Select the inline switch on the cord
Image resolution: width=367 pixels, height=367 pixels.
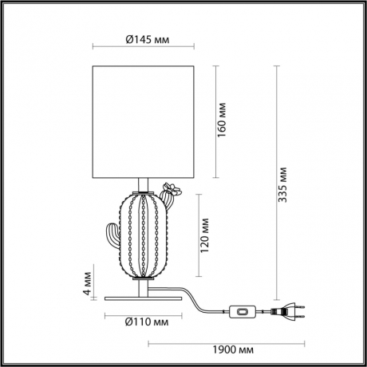click(240, 313)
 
